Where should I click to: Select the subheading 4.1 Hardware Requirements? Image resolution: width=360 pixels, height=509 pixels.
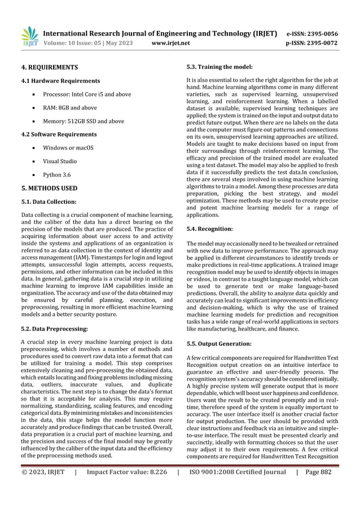(60, 81)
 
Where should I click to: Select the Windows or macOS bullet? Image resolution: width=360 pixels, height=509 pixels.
(75, 148)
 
